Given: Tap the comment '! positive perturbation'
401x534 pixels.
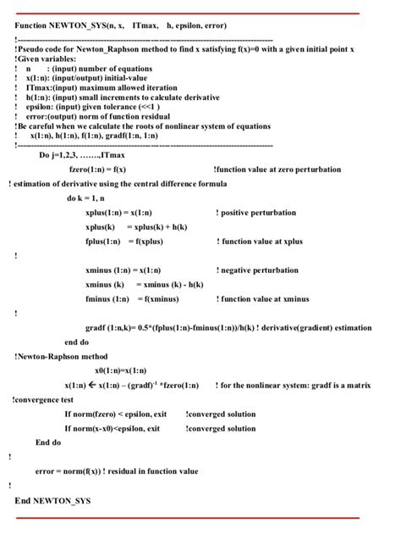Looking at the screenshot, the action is (256, 212).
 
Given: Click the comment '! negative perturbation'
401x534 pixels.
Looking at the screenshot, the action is (257, 270).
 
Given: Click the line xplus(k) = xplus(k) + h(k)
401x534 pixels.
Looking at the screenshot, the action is (136, 226).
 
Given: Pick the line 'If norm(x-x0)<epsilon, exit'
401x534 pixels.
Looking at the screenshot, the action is (113, 429).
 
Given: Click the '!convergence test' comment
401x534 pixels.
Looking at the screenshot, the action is (43, 400).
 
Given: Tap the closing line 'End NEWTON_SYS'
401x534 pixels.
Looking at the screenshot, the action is (52, 501).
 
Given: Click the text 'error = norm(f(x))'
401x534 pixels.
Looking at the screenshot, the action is (69, 470).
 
